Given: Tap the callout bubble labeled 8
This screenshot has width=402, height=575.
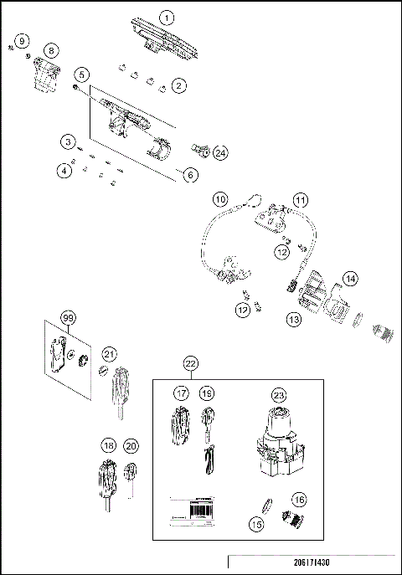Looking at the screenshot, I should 51,51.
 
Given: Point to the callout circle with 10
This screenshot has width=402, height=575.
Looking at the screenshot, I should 219,199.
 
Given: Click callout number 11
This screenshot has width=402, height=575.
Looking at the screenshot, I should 300,200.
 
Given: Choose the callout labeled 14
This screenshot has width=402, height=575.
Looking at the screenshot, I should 350,278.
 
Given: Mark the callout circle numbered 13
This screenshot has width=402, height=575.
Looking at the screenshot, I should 294,319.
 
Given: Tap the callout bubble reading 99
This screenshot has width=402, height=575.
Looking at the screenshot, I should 68,317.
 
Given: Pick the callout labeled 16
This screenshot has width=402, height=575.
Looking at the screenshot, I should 299,499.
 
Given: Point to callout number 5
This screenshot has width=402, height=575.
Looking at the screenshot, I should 81,74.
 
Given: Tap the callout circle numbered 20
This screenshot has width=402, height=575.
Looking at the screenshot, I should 131,447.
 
